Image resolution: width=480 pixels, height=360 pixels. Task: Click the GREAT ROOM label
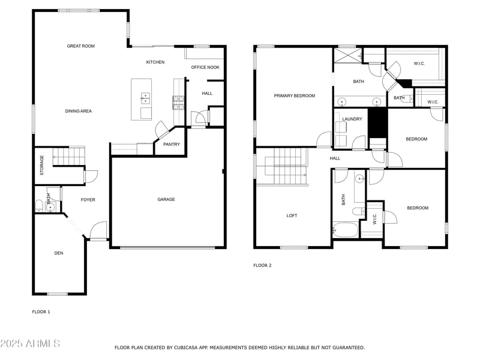[80, 46]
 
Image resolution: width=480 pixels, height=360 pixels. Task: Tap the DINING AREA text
[78, 111]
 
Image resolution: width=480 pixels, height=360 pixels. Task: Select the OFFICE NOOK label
[205, 67]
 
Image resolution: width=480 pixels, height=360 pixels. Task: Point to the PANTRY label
[172, 144]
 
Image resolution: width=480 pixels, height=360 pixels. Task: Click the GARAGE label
[166, 199]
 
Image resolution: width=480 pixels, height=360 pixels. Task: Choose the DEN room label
[59, 253]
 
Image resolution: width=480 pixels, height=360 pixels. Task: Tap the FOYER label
[88, 200]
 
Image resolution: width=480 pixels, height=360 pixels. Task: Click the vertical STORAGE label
[42, 166]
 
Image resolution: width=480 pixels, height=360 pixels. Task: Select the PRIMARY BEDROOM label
[294, 95]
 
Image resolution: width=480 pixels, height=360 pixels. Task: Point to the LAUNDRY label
[352, 119]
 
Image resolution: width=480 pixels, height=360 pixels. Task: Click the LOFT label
[292, 215]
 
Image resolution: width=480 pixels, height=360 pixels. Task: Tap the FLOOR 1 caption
[41, 311]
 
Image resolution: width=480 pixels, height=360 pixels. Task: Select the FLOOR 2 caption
[262, 265]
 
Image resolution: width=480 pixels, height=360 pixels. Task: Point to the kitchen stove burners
[178, 103]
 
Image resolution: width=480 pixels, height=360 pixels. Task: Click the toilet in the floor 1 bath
[40, 206]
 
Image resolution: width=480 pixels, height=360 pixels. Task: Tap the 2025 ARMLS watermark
[30, 344]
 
